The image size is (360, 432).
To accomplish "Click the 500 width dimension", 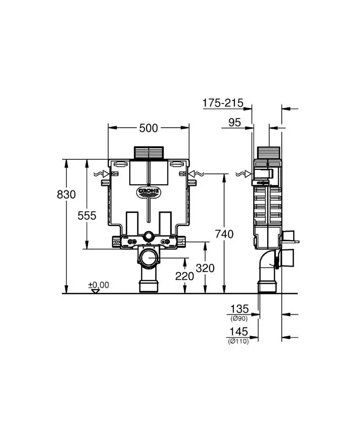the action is [x=148, y=128].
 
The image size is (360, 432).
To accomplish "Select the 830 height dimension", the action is [x=66, y=194].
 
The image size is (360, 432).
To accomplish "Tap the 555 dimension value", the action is [x=87, y=216].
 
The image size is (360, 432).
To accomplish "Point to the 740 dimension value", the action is [x=224, y=234].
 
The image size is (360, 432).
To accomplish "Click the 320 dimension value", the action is [x=205, y=268].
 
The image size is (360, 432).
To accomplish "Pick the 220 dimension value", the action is [x=185, y=276].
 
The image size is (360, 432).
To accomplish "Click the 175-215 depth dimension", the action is [x=223, y=103].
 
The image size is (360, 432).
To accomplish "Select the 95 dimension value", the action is [x=234, y=122].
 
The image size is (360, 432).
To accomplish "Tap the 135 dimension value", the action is [x=239, y=308].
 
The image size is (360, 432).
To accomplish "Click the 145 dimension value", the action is [x=239, y=332].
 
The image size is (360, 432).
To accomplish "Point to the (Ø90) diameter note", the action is [x=239, y=319].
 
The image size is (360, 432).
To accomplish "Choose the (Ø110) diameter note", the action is [x=238, y=341].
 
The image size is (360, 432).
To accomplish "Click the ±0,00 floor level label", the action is [x=99, y=285].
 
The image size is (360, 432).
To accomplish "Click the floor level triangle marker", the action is [x=95, y=291].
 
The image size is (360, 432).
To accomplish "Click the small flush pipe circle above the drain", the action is [x=149, y=236].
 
